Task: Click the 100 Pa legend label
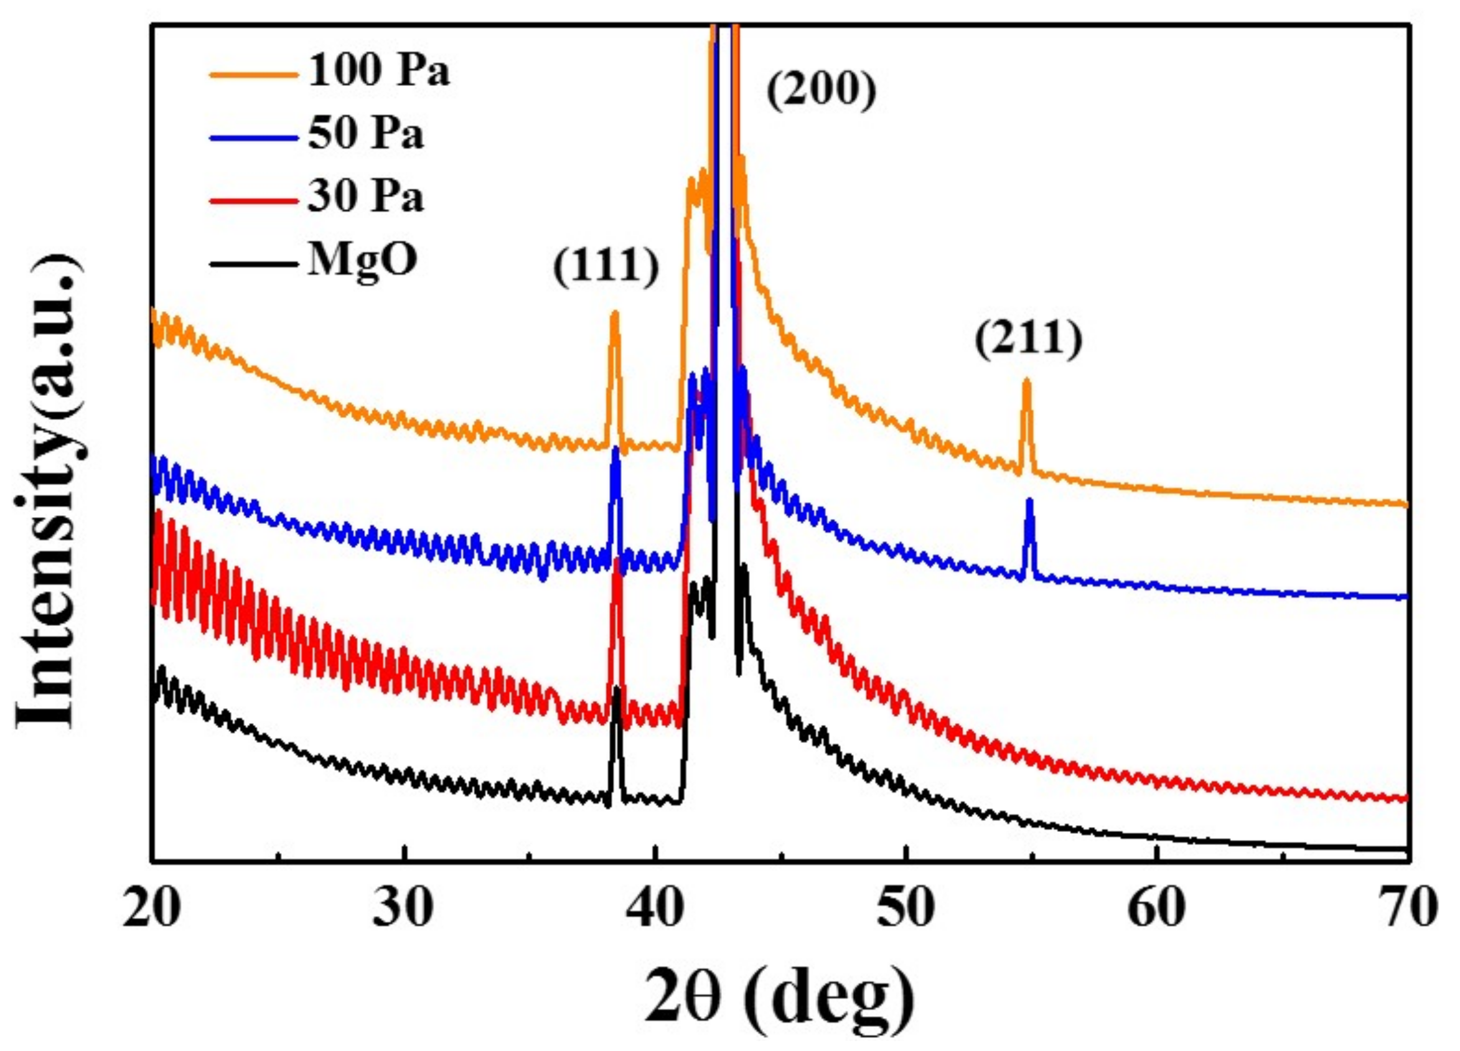tap(378, 70)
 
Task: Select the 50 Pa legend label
tap(366, 134)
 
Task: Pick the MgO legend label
tap(362, 261)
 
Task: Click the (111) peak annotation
tap(606, 266)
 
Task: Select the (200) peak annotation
tap(822, 91)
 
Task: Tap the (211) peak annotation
tap(1028, 339)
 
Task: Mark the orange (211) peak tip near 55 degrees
tap(1026, 380)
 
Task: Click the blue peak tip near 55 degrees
tap(1029, 502)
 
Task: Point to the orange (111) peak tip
tap(614, 314)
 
